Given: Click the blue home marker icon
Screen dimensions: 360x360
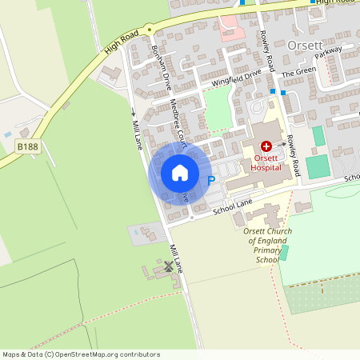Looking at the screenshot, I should tap(180, 173).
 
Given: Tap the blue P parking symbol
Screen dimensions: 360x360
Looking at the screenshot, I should tap(211, 182).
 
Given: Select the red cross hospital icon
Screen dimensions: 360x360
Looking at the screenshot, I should tap(266, 146).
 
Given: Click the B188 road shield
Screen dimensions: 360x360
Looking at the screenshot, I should tap(27, 146).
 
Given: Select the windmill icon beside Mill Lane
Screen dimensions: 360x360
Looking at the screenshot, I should tap(169, 266).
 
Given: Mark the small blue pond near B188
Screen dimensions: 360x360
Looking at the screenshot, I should tap(8, 134).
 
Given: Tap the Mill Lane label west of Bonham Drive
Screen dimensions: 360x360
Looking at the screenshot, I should tap(137, 128).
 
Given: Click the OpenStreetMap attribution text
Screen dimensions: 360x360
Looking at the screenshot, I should tap(81, 354).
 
